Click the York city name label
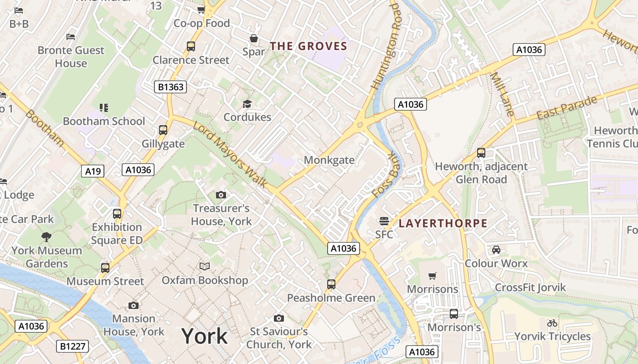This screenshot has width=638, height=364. pos(205,336)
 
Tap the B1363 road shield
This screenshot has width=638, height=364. pos(170,87)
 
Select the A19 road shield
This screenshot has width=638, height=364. pos(93,171)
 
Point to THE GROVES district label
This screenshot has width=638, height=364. pos(309,46)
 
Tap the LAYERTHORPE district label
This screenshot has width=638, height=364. pos(443,223)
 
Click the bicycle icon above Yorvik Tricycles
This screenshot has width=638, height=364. pos(552,323)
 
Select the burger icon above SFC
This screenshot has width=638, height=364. pos(384,221)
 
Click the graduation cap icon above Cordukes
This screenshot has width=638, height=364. pos(247,104)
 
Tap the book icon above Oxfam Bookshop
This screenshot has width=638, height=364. pos(205,266)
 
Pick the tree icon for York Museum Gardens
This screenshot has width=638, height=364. pos(46,237)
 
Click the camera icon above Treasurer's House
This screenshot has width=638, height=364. pos(221,195)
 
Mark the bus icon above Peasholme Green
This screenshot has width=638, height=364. pos(331,284)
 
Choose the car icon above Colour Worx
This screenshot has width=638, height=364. pos(496,250)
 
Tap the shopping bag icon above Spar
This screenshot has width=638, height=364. pos(254,39)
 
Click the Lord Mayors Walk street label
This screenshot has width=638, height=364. pos(230,155)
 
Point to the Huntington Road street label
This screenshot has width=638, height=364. pos(386,45)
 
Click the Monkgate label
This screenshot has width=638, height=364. pos(329,160)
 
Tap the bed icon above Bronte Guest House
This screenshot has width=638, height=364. pos(71,36)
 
